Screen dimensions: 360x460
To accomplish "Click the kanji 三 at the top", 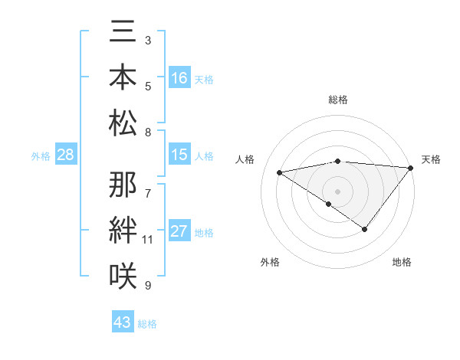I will [x=123, y=32].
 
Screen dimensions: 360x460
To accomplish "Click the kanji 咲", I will [x=123, y=273].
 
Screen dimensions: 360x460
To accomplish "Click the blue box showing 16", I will [x=179, y=78].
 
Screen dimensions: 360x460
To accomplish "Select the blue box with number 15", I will [x=179, y=155].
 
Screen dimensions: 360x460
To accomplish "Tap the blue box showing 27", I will [x=179, y=232].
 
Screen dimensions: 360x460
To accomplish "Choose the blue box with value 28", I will [x=65, y=155].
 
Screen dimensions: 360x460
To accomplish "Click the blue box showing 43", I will [x=123, y=323].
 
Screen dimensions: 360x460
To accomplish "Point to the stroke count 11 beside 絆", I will [x=147, y=240].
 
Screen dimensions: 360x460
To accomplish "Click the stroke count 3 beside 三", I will [x=147, y=38].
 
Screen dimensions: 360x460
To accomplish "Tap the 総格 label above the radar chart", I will [x=337, y=100].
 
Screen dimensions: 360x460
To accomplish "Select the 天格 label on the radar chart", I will [x=431, y=159].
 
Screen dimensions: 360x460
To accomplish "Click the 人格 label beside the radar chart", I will [x=246, y=159].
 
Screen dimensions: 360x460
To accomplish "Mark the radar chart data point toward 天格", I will [x=411, y=168].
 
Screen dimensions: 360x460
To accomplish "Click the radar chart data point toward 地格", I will [x=365, y=229].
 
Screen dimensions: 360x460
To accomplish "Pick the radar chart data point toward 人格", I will [x=279, y=172].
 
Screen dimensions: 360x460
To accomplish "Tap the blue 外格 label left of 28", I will [x=41, y=156].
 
